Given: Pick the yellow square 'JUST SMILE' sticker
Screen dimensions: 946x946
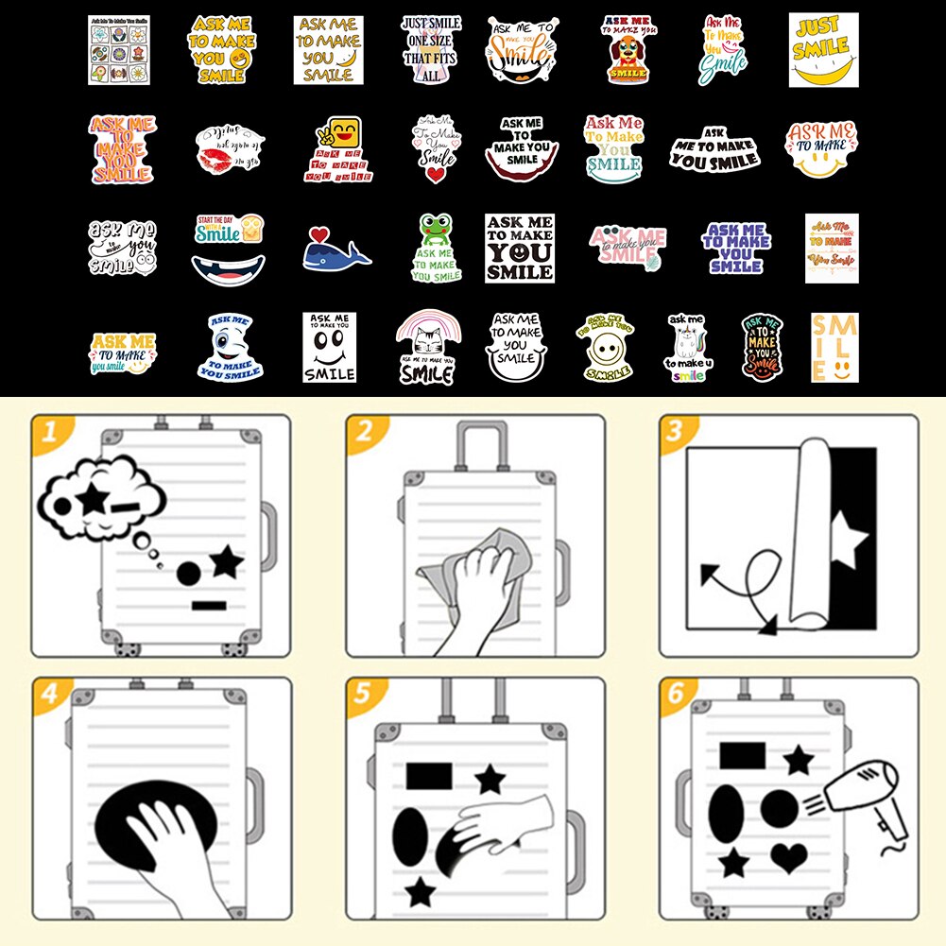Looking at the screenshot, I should point(823,49).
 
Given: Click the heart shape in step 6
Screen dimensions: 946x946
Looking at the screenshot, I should point(788,857).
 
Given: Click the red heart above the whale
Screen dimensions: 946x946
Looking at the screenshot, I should point(320,232).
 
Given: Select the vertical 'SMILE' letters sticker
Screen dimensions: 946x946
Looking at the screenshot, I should point(834,348).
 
